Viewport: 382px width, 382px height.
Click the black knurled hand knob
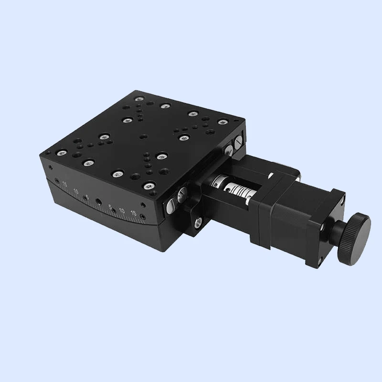[354, 238]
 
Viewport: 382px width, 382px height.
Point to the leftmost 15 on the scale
[64, 185]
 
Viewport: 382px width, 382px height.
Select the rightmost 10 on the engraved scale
[122, 211]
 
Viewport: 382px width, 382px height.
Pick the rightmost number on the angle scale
[133, 213]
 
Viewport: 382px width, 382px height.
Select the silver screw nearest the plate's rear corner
[139, 99]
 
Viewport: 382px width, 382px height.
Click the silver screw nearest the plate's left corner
[62, 153]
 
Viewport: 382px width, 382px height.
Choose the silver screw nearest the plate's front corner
[149, 185]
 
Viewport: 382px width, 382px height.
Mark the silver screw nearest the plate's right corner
[222, 122]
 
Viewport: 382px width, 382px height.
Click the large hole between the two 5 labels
[98, 201]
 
